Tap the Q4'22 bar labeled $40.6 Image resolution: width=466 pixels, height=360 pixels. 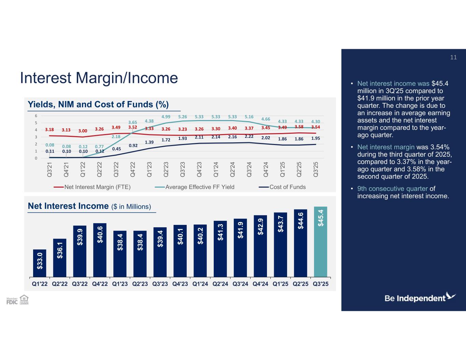coord(100,250)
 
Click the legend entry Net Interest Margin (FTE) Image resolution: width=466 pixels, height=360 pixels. coord(93,187)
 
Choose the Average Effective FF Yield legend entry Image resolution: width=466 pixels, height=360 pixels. coord(195,187)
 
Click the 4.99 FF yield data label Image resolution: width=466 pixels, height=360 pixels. coord(166,117)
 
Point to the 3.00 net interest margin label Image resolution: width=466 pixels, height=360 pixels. coord(83,131)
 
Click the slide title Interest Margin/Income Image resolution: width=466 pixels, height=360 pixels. coord(99,78)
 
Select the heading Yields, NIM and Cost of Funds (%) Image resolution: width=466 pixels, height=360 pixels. coord(98,104)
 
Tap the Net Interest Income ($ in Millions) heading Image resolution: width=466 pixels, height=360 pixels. coord(89,206)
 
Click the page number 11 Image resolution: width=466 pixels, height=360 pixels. coord(453,57)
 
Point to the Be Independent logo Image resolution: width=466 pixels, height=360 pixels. coord(420,298)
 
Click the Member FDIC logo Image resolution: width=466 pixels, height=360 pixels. coord(12,300)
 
